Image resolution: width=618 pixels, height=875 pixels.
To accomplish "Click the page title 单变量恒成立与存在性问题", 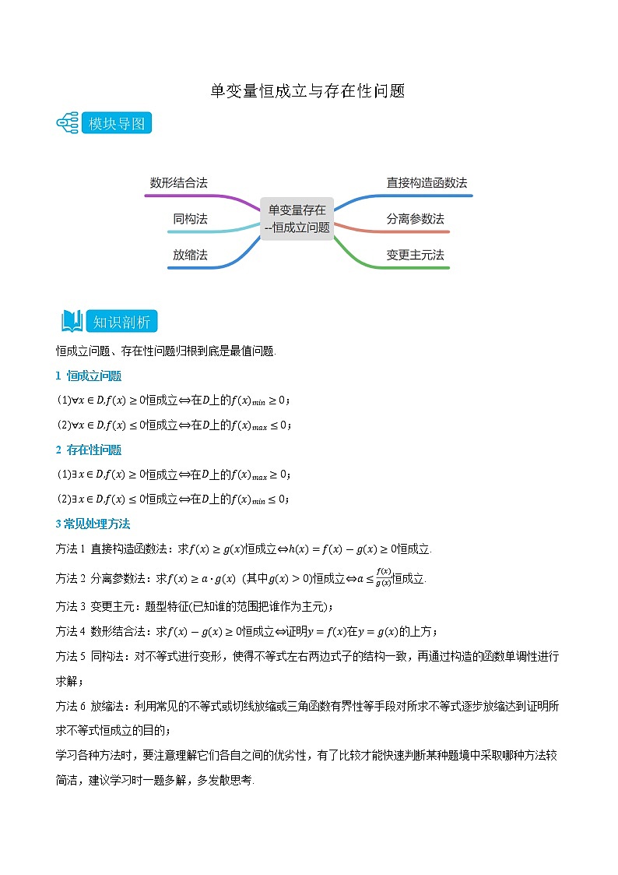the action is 308,91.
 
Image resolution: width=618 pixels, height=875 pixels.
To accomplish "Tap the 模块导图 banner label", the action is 117,124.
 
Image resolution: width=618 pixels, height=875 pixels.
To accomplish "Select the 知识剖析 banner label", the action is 121,322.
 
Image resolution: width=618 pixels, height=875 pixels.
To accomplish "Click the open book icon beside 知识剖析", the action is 72,321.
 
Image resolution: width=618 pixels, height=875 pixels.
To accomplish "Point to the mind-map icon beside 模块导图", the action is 68,124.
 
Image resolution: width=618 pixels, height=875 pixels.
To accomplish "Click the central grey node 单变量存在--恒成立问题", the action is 297,218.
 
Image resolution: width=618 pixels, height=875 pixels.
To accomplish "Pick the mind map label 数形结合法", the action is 178,183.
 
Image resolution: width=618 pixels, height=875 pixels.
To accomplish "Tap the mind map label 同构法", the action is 190,219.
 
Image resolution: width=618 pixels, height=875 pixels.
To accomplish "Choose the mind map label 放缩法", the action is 190,255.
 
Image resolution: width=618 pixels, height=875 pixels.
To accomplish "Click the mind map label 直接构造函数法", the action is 427,183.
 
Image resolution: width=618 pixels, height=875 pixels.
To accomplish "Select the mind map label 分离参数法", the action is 415,219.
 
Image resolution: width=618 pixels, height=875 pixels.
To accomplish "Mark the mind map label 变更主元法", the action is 415,255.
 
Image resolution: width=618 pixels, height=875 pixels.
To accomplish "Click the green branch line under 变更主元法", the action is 413,268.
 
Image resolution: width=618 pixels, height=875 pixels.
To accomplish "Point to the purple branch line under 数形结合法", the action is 195,196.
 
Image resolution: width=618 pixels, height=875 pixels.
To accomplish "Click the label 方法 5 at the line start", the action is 70,657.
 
